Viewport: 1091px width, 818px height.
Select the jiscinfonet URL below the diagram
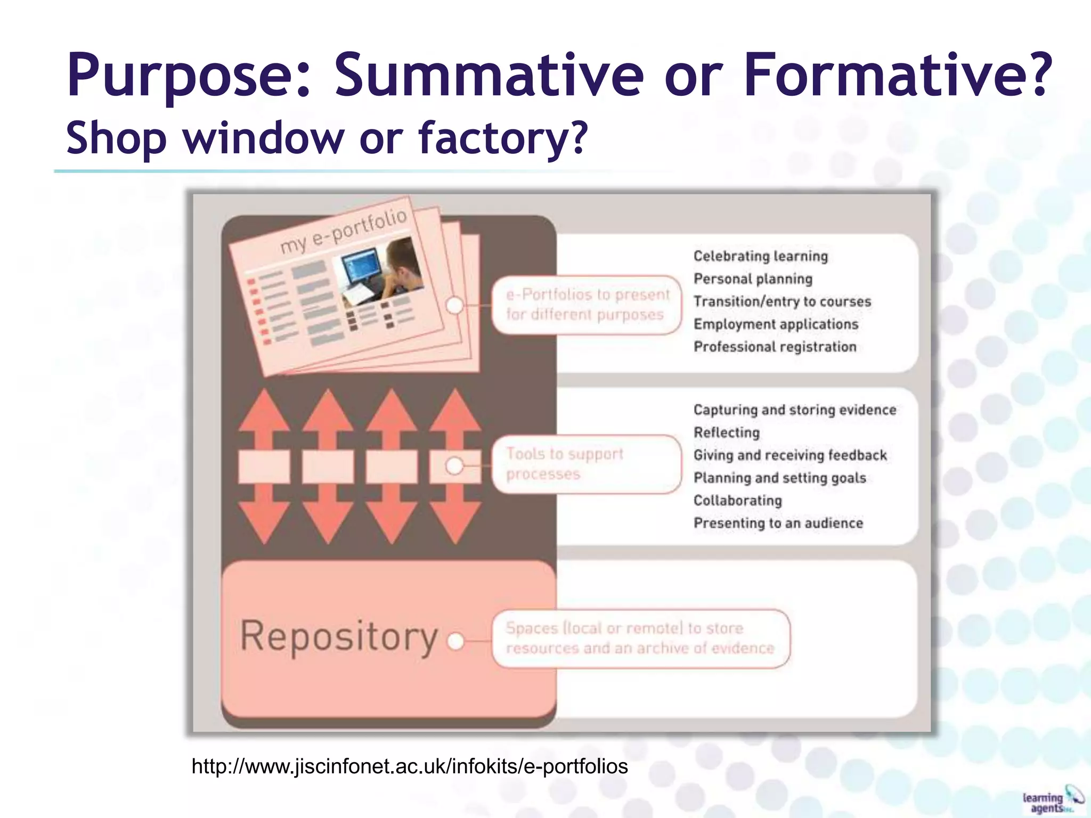pyautogui.click(x=410, y=766)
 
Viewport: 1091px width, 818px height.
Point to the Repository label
pyautogui.click(x=339, y=636)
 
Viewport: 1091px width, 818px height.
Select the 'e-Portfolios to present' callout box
pyautogui.click(x=587, y=305)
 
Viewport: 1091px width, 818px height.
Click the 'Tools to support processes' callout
pyautogui.click(x=587, y=464)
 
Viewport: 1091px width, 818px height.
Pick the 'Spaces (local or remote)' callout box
pyautogui.click(x=640, y=639)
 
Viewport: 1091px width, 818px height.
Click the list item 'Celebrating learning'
pyautogui.click(x=761, y=256)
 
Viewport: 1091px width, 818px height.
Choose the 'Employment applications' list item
pyautogui.click(x=776, y=324)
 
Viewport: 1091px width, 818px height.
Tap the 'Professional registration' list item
pyautogui.click(x=775, y=347)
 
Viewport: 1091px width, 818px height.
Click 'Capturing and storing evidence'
pyautogui.click(x=795, y=410)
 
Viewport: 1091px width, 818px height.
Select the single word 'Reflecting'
pyautogui.click(x=727, y=432)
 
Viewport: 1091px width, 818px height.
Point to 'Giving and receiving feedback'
pyautogui.click(x=790, y=455)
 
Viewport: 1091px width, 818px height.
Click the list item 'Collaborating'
pyautogui.click(x=738, y=501)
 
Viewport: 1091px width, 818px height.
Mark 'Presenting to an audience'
pyautogui.click(x=778, y=523)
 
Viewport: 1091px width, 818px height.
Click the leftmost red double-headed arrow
pyautogui.click(x=264, y=466)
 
